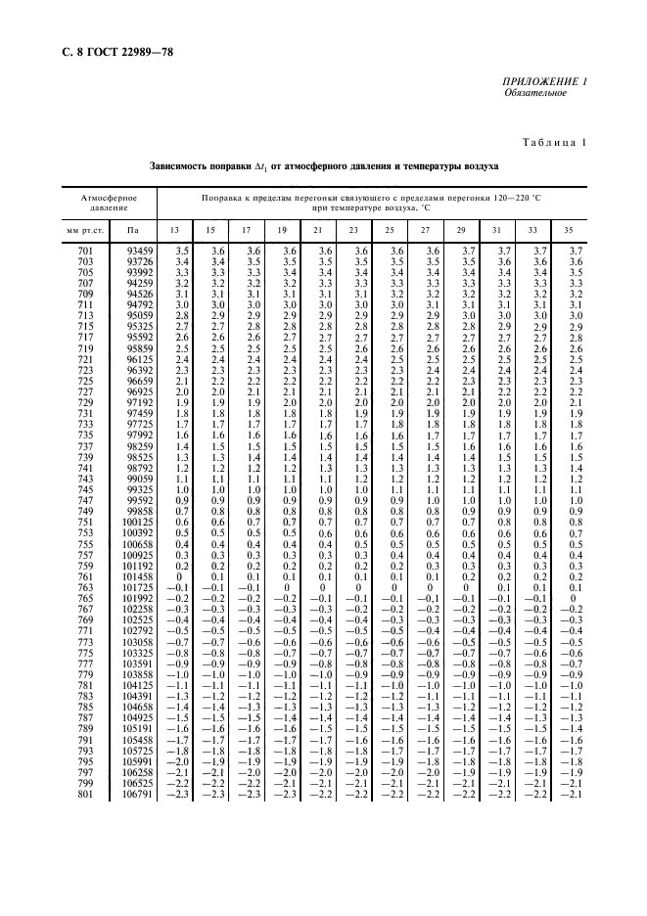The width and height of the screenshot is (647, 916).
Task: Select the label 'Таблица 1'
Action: [x=552, y=143]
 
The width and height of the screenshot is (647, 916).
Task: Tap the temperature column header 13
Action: [x=176, y=230]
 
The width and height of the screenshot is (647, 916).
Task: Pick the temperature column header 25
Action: [x=390, y=230]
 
